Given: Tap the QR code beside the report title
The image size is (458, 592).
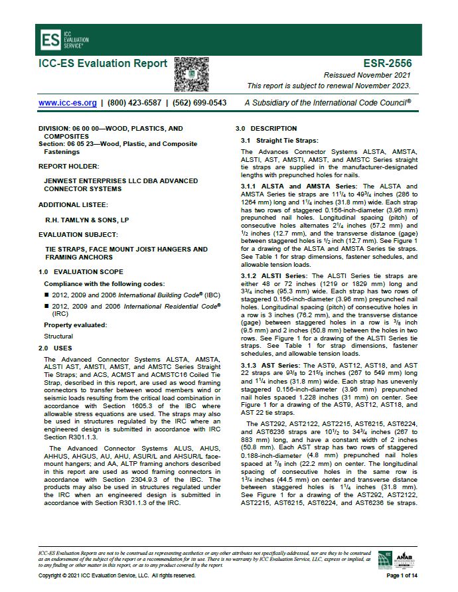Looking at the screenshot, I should pyautogui.click(x=191, y=73).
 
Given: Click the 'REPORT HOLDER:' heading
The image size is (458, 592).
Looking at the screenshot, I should pyautogui.click(x=69, y=166).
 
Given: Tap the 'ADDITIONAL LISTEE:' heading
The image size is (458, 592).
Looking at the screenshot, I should pyautogui.click(x=73, y=205).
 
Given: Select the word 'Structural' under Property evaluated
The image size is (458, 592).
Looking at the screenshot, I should pyautogui.click(x=58, y=336).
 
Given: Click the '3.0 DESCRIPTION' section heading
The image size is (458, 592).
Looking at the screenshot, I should pyautogui.click(x=266, y=128).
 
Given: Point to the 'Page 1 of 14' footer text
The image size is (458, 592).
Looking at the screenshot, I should pyautogui.click(x=402, y=575).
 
